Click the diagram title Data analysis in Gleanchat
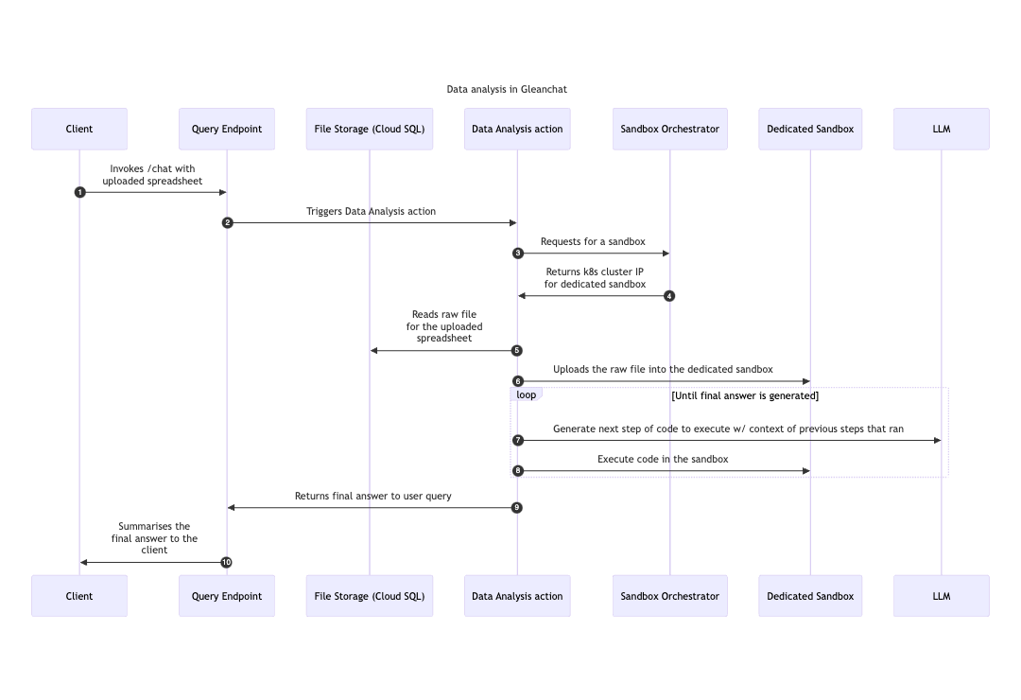click(x=507, y=89)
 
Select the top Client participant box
click(x=79, y=129)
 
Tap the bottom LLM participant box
click(x=941, y=596)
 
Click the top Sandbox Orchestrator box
click(x=669, y=129)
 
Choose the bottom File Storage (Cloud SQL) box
click(x=369, y=596)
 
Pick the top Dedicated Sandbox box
click(x=810, y=129)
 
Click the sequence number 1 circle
click(x=79, y=192)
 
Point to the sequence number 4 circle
click(x=669, y=296)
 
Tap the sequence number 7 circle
click(x=517, y=441)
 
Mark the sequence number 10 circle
click(x=226, y=562)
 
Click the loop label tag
click(x=527, y=394)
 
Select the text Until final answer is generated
click(x=745, y=395)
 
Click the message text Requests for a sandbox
click(x=593, y=242)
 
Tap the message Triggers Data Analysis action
click(x=371, y=212)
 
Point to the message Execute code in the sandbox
click(x=663, y=460)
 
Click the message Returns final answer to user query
click(x=372, y=496)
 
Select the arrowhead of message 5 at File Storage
click(x=374, y=351)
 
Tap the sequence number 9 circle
click(x=517, y=508)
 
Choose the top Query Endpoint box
click(x=227, y=129)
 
